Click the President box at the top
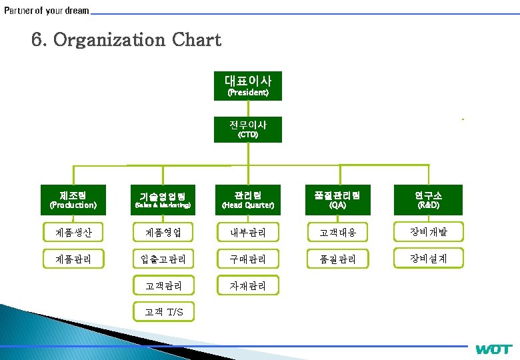click(248, 85)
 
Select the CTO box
click(248, 129)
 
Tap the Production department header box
click(73, 199)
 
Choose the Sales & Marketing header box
click(163, 199)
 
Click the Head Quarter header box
click(248, 199)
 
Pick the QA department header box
click(337, 199)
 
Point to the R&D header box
click(427, 199)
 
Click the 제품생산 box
click(73, 233)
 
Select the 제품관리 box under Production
click(73, 259)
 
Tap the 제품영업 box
click(163, 233)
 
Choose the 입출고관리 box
click(163, 259)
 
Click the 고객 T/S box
click(163, 312)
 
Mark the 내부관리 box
click(248, 233)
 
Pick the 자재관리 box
click(248, 285)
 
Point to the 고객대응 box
click(337, 233)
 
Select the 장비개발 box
click(427, 233)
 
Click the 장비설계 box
click(427, 259)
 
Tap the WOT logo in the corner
click(494, 349)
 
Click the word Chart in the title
click(196, 40)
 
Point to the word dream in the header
click(76, 11)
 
